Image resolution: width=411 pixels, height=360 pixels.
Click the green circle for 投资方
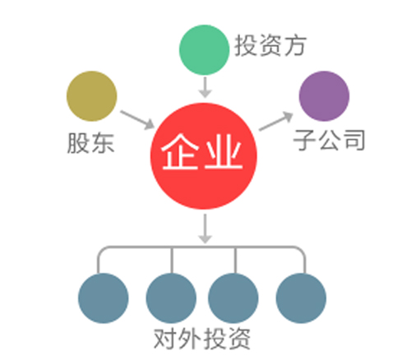[204, 49]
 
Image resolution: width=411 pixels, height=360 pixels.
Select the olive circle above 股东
[92, 96]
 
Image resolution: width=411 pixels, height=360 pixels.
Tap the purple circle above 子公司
[324, 96]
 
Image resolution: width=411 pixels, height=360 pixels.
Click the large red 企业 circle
[204, 156]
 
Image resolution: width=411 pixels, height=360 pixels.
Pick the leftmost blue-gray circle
[104, 298]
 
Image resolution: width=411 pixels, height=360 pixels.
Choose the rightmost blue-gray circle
[301, 298]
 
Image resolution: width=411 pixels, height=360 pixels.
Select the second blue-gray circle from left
[171, 298]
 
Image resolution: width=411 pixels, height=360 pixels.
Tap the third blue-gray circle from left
[233, 298]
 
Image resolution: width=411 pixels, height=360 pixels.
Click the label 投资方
[270, 45]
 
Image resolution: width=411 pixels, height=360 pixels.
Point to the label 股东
[90, 143]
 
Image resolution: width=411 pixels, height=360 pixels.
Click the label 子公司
[329, 140]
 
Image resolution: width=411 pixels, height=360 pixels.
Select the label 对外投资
[202, 339]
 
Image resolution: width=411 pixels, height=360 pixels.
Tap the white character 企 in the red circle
[180, 151]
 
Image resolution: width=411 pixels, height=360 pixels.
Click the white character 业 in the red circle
[224, 151]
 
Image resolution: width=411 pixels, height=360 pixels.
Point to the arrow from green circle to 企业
[205, 87]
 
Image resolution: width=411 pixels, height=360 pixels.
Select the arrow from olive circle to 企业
[137, 120]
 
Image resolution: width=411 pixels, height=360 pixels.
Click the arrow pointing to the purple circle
[276, 122]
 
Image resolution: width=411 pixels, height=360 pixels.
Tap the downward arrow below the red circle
[205, 228]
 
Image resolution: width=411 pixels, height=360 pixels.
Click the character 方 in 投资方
[295, 45]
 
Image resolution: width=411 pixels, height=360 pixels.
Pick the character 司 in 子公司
[354, 140]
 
